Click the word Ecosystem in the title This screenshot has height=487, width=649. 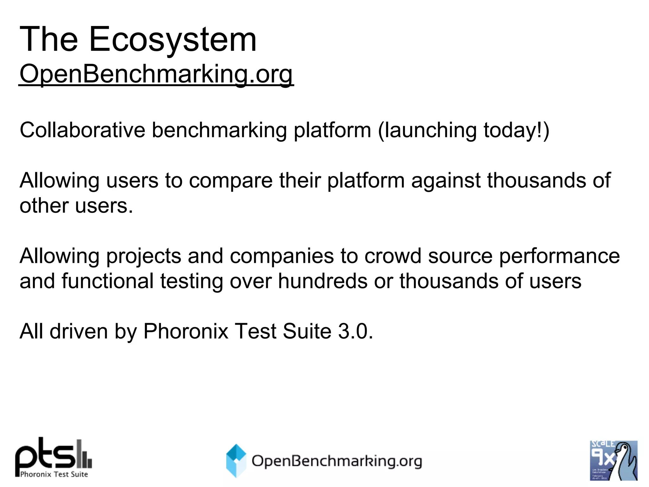(x=173, y=40)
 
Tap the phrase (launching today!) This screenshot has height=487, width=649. (x=463, y=130)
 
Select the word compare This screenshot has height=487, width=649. (x=231, y=180)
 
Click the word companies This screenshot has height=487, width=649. (x=282, y=256)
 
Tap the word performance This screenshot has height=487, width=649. (x=559, y=256)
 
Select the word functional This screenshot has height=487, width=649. (x=107, y=281)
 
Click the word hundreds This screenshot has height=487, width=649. (x=323, y=281)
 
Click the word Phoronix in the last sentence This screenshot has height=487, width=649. (x=186, y=331)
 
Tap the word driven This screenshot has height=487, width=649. (x=79, y=331)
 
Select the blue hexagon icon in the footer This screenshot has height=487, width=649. (x=236, y=460)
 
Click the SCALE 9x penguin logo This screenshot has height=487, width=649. (x=614, y=460)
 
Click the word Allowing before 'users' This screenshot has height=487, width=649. (x=59, y=180)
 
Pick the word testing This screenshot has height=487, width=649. (x=191, y=281)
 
